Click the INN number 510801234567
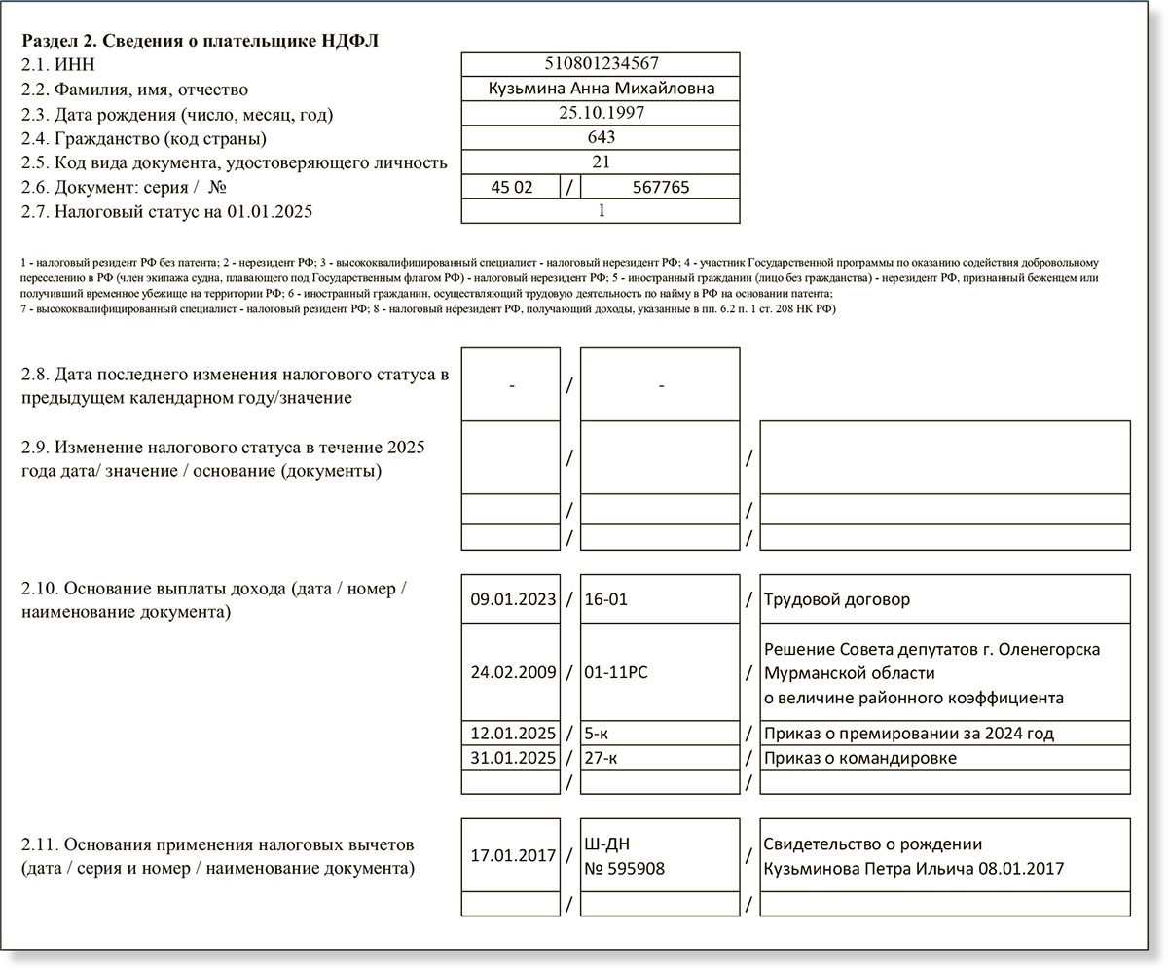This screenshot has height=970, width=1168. [601, 64]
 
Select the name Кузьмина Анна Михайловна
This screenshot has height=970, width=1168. [601, 89]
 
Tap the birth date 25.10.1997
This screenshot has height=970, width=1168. [601, 113]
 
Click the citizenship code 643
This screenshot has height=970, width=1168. [601, 137]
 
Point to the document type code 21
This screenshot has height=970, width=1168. [601, 162]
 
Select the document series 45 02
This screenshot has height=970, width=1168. [511, 187]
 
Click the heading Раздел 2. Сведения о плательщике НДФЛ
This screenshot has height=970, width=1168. [201, 41]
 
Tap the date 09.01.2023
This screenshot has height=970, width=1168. [513, 599]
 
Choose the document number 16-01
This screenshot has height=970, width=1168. [605, 599]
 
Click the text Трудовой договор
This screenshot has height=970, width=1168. [838, 599]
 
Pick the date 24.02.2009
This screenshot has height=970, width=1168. [513, 672]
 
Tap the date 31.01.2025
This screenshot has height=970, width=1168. [513, 758]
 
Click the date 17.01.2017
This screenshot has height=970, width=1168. [513, 856]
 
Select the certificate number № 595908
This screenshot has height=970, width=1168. [624, 868]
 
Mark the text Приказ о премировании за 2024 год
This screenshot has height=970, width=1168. [909, 733]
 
